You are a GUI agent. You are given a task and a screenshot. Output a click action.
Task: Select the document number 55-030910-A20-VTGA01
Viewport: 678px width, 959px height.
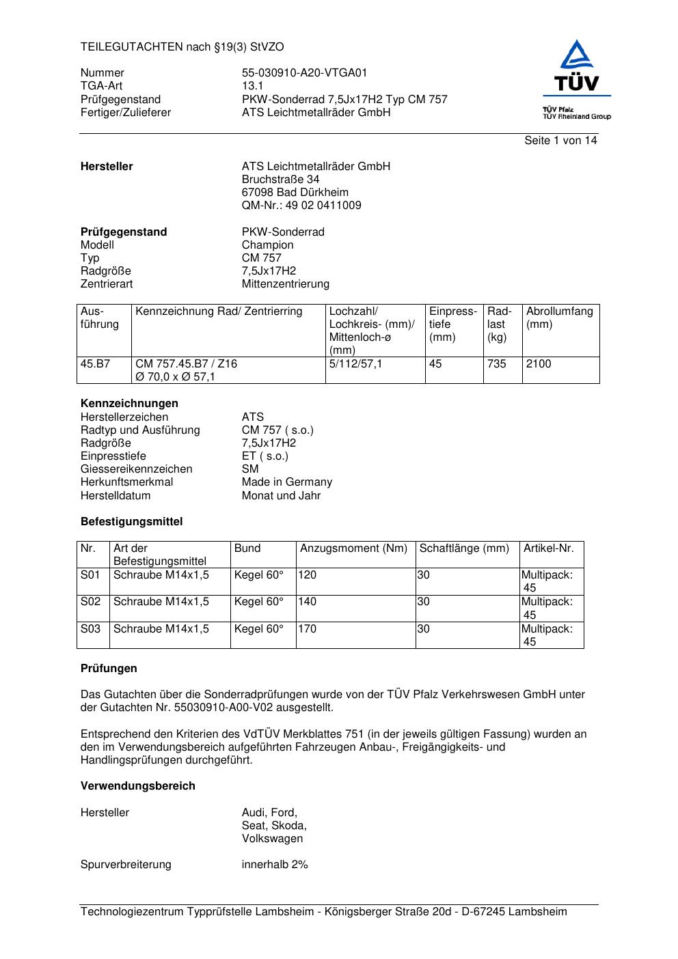click(304, 73)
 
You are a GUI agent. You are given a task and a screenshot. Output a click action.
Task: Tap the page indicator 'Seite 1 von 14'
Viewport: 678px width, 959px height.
click(560, 141)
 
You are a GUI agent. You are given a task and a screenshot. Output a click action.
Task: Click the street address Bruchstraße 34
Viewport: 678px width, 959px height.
click(280, 180)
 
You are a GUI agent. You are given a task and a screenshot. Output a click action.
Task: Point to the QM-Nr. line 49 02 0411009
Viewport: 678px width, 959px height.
click(301, 206)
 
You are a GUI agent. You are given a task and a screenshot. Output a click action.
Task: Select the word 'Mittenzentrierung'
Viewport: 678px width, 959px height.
click(285, 284)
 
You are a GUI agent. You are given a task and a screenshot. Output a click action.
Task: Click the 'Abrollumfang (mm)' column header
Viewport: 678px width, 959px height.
click(559, 318)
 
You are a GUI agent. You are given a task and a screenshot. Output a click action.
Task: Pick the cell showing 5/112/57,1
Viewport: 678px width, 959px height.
click(355, 364)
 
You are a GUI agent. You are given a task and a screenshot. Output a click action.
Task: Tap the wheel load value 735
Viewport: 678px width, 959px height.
click(497, 364)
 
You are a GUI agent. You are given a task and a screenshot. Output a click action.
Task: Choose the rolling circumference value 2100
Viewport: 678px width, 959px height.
click(539, 364)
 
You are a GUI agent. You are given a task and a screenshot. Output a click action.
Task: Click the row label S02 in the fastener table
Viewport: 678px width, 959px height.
click(90, 602)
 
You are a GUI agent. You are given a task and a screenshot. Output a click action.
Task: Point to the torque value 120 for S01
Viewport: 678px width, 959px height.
click(308, 575)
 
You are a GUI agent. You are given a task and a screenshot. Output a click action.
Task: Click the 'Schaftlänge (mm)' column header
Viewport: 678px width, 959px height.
click(464, 548)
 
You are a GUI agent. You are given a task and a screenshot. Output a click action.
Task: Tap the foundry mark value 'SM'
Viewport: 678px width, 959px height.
click(250, 469)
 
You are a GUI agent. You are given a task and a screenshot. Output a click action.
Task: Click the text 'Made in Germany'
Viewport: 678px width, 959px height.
click(286, 482)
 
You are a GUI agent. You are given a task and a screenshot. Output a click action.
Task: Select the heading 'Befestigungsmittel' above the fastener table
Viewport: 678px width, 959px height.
click(131, 522)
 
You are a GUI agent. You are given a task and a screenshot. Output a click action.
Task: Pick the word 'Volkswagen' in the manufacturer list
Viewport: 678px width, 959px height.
click(272, 839)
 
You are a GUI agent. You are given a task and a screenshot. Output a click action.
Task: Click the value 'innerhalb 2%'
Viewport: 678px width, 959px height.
click(275, 865)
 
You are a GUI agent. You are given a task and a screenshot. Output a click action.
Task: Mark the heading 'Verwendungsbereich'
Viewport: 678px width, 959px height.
click(137, 786)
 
